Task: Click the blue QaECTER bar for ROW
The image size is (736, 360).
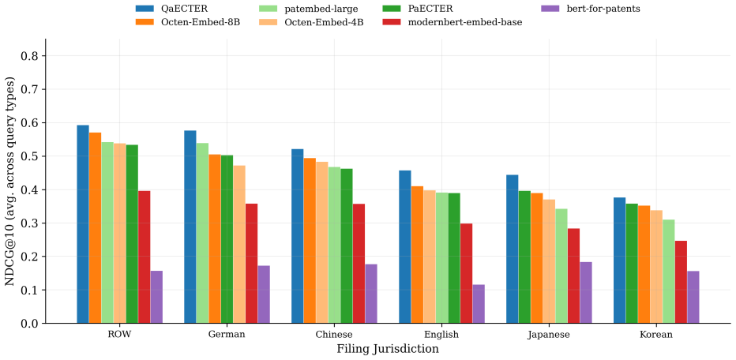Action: [83, 224]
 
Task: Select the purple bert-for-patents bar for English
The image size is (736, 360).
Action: [479, 304]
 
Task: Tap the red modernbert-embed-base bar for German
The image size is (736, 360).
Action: [252, 264]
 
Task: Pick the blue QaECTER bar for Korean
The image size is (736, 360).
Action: [620, 261]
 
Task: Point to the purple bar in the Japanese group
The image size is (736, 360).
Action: [586, 292]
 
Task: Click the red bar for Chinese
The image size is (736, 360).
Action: [359, 264]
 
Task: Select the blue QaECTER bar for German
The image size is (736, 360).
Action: [190, 227]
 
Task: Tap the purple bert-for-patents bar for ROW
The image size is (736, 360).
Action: [156, 297]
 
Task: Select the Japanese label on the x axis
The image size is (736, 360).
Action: [549, 335]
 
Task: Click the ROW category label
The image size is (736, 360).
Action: [120, 335]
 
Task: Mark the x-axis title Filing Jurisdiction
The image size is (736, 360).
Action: [388, 349]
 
